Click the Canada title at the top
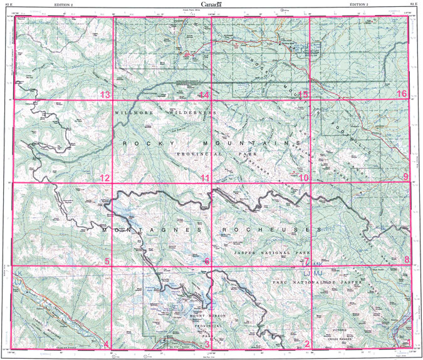click(211, 4)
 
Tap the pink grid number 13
click(105, 95)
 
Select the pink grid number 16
click(402, 94)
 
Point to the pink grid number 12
click(105, 178)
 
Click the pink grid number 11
click(205, 178)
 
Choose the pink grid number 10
click(304, 178)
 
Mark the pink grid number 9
click(405, 177)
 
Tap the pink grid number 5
click(107, 261)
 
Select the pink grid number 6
click(207, 261)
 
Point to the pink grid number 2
click(306, 344)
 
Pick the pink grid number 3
click(207, 344)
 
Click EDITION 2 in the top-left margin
click(65, 4)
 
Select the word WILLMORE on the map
click(132, 112)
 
